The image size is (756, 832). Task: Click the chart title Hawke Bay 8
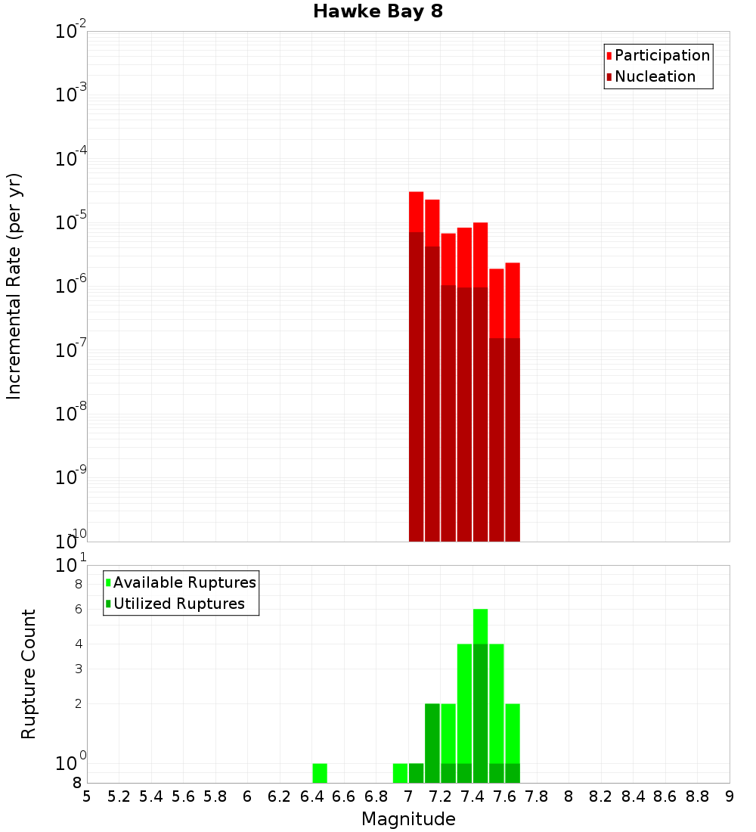[x=377, y=11]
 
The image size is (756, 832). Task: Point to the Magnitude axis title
[x=408, y=819]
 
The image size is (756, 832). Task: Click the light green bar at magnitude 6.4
[x=320, y=773]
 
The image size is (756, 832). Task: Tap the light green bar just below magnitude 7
[x=400, y=773]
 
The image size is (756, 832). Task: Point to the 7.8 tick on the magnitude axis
[x=537, y=796]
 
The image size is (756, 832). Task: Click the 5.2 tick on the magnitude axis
[x=119, y=796]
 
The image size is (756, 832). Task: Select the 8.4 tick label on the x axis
[x=634, y=796]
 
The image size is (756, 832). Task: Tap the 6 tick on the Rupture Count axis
[x=77, y=609]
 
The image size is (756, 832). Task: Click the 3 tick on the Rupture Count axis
[x=77, y=669]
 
